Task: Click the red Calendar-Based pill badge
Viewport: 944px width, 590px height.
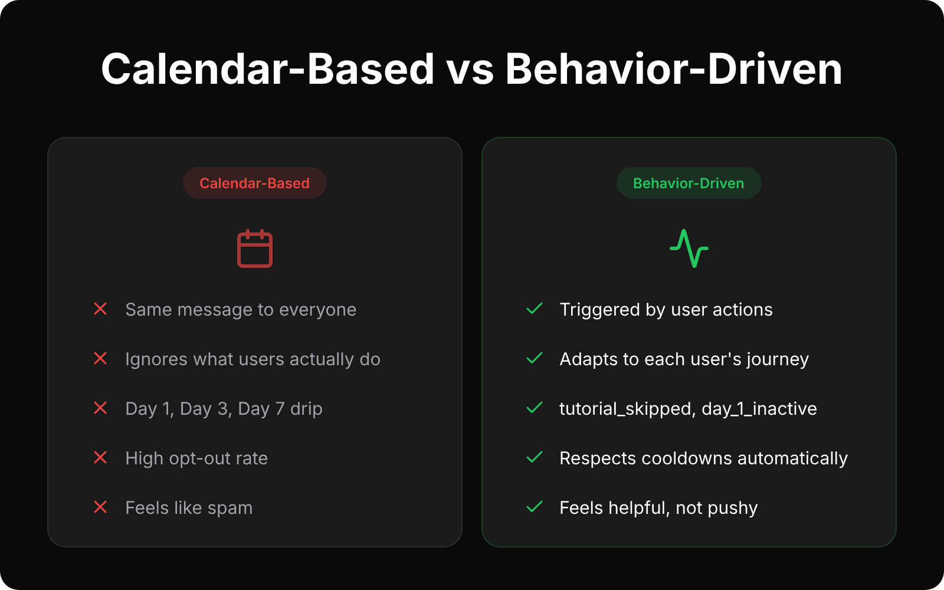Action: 254,183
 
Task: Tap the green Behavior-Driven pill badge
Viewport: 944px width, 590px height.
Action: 689,183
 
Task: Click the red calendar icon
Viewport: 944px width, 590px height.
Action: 255,248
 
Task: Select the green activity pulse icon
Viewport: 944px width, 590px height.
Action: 689,248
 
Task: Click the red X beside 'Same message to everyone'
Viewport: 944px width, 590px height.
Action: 100,309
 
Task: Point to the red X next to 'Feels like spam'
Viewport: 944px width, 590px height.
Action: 100,507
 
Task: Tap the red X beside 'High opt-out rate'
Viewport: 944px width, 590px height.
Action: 100,458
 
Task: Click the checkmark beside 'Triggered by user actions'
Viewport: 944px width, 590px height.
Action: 535,309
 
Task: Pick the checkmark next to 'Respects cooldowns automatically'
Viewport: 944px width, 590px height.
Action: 535,458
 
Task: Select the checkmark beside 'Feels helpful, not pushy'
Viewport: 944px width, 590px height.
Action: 535,507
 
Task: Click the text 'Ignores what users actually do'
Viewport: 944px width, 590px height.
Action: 253,359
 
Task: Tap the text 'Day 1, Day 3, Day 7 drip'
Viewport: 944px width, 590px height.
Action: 224,409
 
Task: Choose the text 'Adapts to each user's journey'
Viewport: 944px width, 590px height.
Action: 684,359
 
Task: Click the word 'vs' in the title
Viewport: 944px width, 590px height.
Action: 470,69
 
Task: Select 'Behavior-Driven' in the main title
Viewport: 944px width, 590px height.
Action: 674,69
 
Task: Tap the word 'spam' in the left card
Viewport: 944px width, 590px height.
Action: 230,509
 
